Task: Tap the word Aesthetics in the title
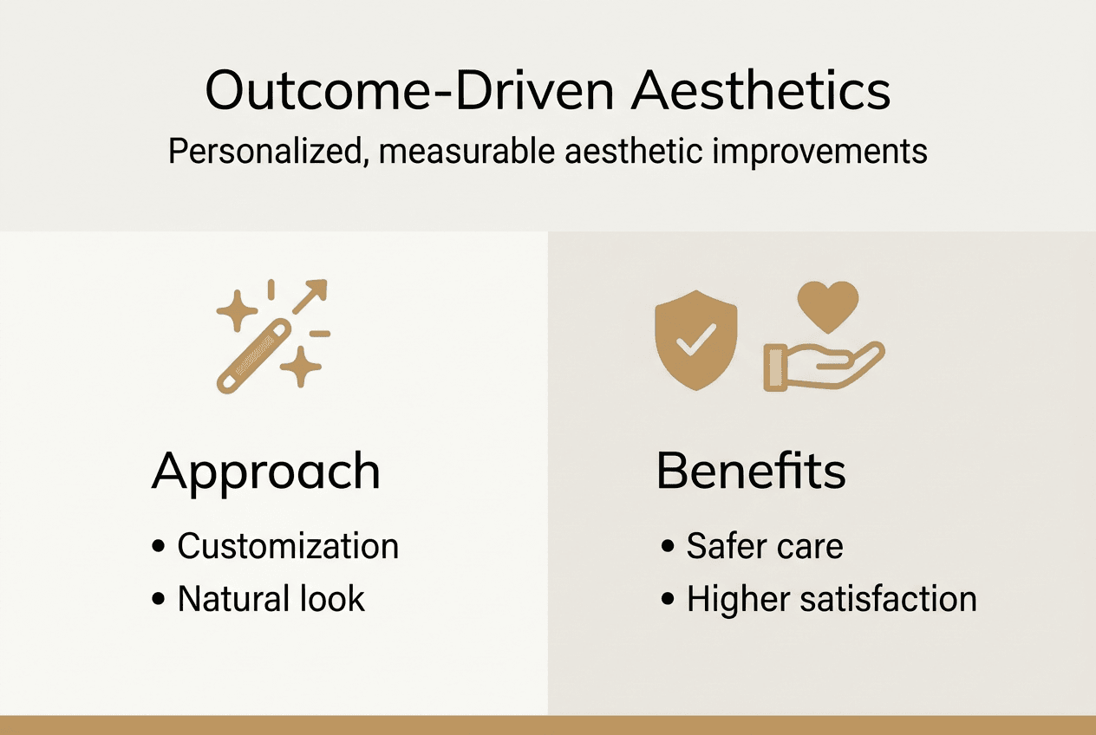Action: [760, 91]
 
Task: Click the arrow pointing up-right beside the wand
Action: [310, 296]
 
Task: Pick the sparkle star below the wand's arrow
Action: [301, 367]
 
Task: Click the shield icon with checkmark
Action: [696, 341]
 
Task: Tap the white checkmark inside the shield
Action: [696, 338]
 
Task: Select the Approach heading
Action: [266, 472]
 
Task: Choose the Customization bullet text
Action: [288, 547]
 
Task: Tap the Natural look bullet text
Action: [271, 600]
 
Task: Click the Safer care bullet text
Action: [765, 547]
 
